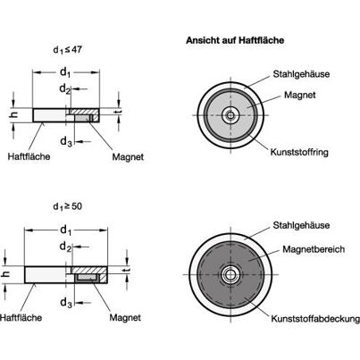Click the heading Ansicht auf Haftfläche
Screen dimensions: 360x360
(x=235, y=40)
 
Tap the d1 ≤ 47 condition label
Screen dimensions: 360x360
(x=67, y=50)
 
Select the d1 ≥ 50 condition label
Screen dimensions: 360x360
(x=67, y=206)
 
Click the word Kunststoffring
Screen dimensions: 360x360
(x=299, y=153)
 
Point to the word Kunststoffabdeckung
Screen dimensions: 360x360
(x=315, y=319)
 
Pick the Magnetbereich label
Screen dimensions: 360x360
(x=314, y=249)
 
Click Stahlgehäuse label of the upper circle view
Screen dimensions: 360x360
(x=301, y=74)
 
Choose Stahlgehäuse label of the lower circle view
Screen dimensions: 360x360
(x=301, y=225)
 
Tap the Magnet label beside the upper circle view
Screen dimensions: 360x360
(x=299, y=95)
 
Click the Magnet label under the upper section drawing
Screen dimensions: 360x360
(x=128, y=157)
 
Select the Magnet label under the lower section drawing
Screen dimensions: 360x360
(x=125, y=317)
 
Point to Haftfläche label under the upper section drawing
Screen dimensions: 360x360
(x=29, y=156)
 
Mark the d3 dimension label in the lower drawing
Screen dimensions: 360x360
(x=66, y=303)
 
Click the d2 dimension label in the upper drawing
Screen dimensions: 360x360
(x=65, y=88)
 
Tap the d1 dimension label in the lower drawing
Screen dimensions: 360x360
(x=66, y=230)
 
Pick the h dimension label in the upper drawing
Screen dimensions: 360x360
(x=14, y=114)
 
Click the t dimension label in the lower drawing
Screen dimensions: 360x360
(x=127, y=270)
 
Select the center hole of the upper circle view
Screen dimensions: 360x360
(x=230, y=115)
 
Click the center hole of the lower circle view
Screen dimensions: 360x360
(x=230, y=274)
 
